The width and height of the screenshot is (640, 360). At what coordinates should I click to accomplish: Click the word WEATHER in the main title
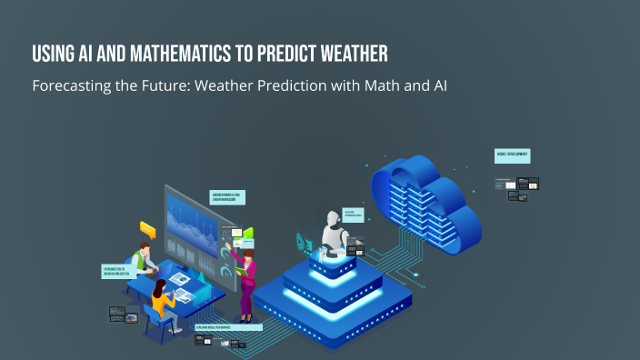point(345,54)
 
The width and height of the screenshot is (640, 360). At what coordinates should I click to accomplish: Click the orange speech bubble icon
point(148,230)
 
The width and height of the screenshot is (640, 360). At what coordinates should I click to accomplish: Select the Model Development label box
point(513,155)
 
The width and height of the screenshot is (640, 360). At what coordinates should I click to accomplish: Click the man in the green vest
point(143,259)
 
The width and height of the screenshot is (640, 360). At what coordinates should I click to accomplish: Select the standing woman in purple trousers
point(246,281)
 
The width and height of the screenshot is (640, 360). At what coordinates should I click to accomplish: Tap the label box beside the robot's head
point(353,215)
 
